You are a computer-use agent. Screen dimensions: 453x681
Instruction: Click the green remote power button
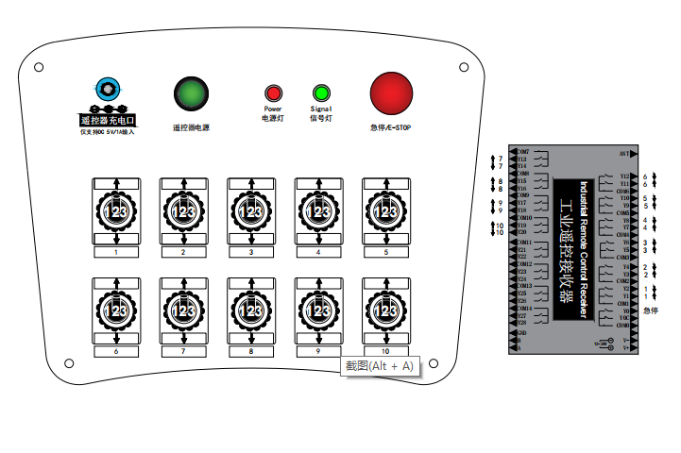[x=191, y=92]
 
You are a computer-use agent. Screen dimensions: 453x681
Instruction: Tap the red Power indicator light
[x=273, y=93]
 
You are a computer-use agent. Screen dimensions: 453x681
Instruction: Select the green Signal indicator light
[x=320, y=93]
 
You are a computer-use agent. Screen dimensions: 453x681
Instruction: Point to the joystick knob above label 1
[x=115, y=212]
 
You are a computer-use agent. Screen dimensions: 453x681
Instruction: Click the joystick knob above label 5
[x=386, y=212]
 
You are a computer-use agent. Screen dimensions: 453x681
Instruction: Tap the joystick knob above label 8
[x=251, y=310]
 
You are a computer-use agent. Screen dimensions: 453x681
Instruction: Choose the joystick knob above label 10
[x=386, y=310]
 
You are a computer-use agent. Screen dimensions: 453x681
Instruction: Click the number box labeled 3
[x=251, y=253]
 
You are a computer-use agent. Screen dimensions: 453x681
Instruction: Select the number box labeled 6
[x=115, y=351]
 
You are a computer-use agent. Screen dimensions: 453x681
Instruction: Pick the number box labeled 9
[x=318, y=351]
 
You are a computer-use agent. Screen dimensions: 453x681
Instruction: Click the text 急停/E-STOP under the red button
[x=391, y=127]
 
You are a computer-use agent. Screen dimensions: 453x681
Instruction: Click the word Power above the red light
[x=273, y=109]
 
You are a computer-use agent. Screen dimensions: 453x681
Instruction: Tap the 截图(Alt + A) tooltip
[x=379, y=365]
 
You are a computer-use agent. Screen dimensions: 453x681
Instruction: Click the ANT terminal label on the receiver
[x=624, y=152]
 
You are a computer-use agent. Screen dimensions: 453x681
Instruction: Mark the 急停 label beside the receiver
[x=651, y=310]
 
